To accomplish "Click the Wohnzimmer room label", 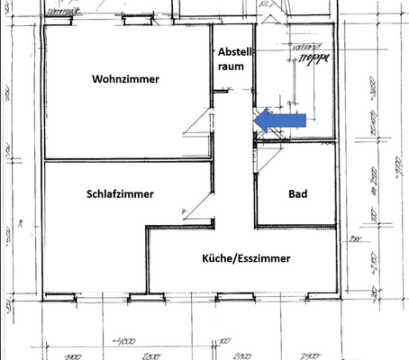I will pos(125,79).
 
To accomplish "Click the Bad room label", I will pos(298,194).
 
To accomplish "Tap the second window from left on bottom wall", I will pos(139,296).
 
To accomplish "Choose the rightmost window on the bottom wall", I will pos(310,296).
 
